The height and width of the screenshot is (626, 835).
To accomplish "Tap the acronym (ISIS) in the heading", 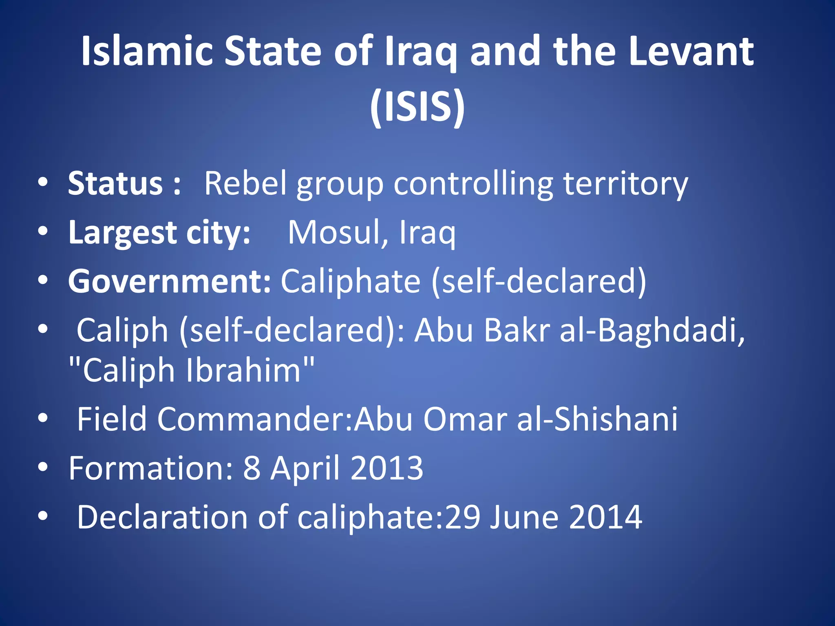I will [417, 106].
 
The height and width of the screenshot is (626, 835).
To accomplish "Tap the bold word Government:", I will [169, 281].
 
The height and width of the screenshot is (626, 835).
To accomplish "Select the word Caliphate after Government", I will [351, 281].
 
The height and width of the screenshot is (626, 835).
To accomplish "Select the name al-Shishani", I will [597, 419].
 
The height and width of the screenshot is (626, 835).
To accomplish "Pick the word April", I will [305, 468].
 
